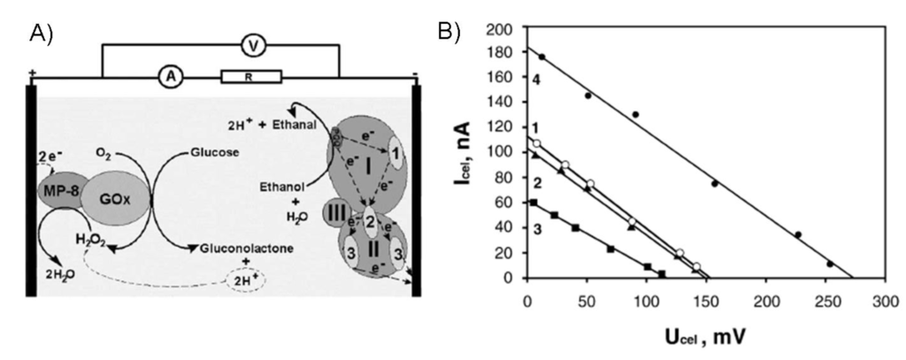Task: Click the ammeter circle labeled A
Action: point(168,78)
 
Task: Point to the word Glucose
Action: point(203,152)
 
